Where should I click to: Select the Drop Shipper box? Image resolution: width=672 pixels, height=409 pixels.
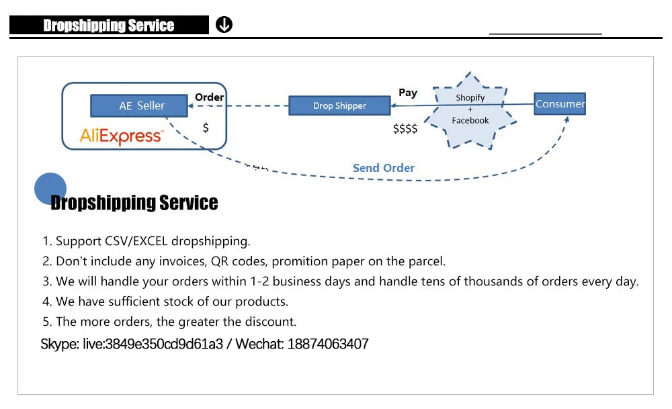(339, 105)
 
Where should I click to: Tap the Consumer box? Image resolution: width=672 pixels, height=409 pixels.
(560, 103)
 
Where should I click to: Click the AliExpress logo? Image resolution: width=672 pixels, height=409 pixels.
(121, 136)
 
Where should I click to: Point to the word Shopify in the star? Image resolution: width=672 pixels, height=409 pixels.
(470, 97)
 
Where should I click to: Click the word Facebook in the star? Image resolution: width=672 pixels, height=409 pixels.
(470, 120)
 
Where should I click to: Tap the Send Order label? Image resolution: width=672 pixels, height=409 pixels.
(384, 168)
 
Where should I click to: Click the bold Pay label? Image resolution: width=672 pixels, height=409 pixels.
(408, 93)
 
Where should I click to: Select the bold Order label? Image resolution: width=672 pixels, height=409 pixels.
(209, 97)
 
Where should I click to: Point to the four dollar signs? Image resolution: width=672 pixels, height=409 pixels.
(405, 128)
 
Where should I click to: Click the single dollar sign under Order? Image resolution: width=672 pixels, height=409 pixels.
(206, 127)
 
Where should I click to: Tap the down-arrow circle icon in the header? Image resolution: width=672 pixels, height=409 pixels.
(224, 26)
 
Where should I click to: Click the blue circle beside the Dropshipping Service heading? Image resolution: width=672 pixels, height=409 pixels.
(50, 188)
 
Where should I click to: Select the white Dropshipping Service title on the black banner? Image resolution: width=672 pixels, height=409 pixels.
(109, 26)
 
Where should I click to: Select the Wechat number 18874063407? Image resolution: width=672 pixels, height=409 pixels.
(328, 345)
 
